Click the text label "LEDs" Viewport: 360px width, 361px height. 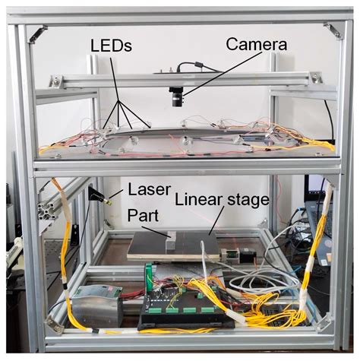[112, 46]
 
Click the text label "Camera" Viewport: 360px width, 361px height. [257, 45]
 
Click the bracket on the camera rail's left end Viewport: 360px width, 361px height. [56, 81]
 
